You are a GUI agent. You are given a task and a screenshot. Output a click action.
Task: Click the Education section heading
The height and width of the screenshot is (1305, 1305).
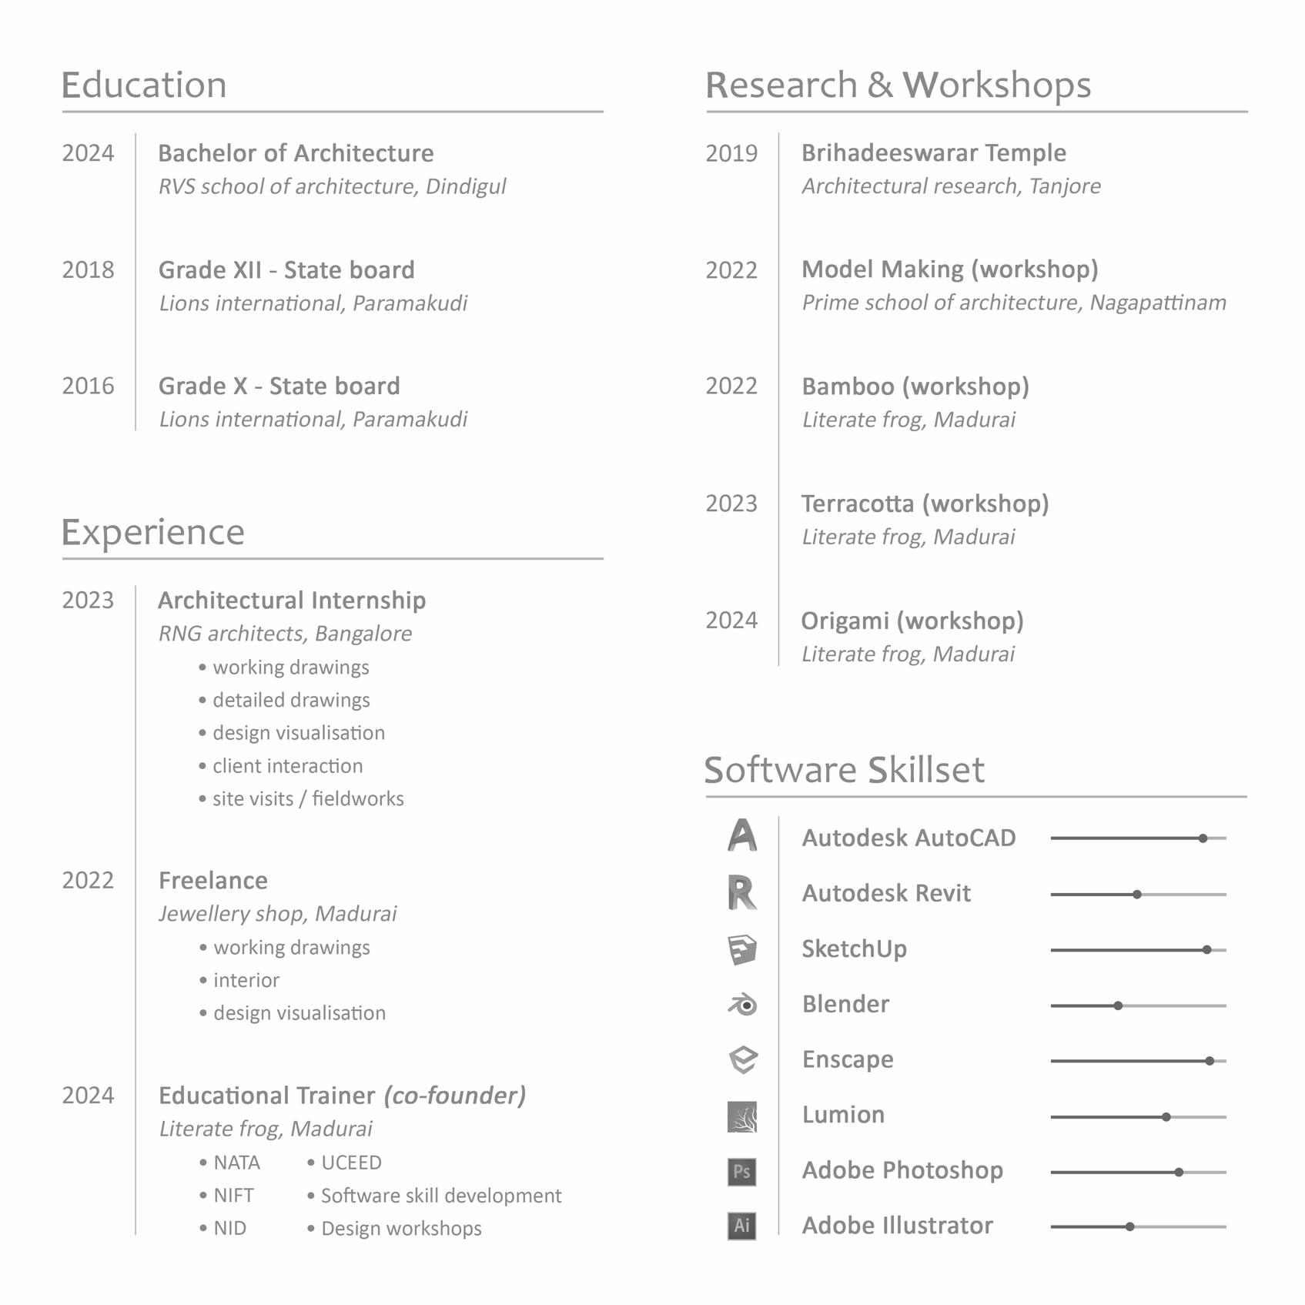click(144, 85)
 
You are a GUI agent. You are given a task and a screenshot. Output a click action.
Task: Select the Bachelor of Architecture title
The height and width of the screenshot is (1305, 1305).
click(296, 153)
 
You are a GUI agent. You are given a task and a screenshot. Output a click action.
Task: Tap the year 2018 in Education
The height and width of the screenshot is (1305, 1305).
click(88, 270)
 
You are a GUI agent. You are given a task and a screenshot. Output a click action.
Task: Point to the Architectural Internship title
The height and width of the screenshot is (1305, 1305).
click(292, 601)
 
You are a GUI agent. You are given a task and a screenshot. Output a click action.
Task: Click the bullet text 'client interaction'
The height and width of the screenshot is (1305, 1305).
click(287, 766)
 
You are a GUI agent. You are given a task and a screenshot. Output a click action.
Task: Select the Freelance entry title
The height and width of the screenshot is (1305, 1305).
click(213, 881)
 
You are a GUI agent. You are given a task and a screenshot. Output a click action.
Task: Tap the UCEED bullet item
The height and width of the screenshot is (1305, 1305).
click(351, 1163)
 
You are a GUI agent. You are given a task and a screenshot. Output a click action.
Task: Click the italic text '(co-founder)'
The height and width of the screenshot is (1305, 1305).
click(455, 1096)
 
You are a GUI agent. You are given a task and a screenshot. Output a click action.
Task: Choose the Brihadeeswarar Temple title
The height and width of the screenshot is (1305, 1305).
click(934, 153)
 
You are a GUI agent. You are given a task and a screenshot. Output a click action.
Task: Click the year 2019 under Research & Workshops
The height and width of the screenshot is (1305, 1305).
click(731, 154)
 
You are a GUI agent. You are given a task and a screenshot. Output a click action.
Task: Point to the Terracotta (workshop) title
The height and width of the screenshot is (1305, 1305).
click(925, 504)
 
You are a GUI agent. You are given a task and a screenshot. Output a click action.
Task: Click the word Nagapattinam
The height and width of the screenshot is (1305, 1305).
click(1158, 303)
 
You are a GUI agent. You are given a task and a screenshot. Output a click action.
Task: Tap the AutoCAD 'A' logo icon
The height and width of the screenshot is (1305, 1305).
click(742, 836)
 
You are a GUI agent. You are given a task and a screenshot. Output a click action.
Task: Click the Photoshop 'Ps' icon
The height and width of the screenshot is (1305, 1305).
click(741, 1172)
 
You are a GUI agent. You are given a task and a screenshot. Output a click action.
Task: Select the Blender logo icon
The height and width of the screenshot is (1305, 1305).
click(743, 1005)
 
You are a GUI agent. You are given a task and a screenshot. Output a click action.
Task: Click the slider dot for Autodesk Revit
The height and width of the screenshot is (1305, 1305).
click(1137, 895)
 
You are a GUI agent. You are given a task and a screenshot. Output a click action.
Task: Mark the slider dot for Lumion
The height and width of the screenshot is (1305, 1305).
click(1166, 1116)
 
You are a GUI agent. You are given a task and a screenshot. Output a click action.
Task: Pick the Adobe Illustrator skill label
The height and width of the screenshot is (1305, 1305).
click(898, 1226)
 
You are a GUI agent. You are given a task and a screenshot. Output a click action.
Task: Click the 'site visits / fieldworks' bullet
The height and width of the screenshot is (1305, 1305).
click(308, 799)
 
